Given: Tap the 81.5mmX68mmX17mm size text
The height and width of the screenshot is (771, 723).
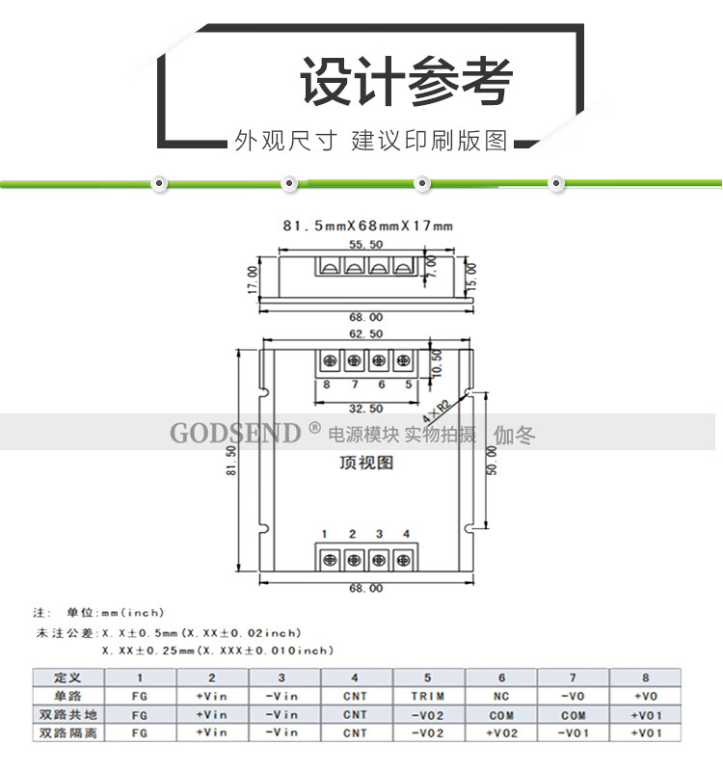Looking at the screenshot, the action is pyautogui.click(x=367, y=226).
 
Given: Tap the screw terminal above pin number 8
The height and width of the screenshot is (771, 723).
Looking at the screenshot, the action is pyautogui.click(x=329, y=360).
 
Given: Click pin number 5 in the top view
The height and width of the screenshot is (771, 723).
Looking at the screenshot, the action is pyautogui.click(x=409, y=385).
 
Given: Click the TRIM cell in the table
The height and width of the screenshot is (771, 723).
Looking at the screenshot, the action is pyautogui.click(x=427, y=696).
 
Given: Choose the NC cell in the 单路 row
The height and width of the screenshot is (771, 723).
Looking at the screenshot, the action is pyautogui.click(x=501, y=696).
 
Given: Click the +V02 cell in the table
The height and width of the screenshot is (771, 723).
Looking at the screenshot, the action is pyautogui.click(x=501, y=733).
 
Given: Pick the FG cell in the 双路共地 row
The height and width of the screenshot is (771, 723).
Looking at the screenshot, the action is pyautogui.click(x=140, y=715).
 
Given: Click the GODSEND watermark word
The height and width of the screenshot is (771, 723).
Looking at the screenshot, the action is pyautogui.click(x=236, y=433).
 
